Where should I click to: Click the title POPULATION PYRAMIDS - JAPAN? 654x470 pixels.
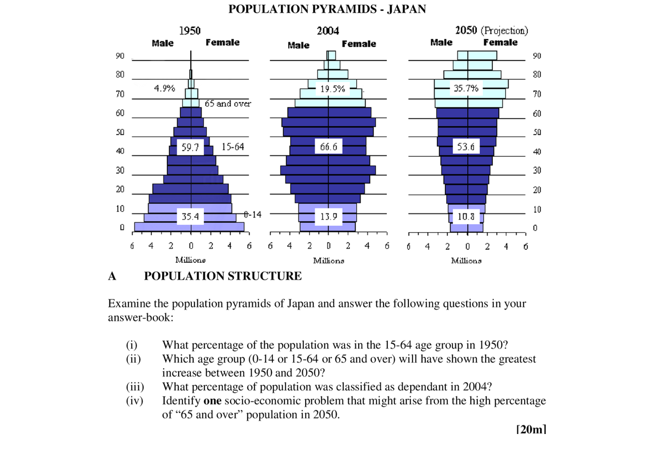click(327, 9)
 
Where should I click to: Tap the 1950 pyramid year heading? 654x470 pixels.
click(190, 31)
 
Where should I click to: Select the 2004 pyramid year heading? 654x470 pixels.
click(328, 31)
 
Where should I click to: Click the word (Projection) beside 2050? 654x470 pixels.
click(504, 31)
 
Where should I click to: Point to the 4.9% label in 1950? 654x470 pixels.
click(164, 88)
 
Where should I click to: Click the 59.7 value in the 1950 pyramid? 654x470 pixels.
click(190, 147)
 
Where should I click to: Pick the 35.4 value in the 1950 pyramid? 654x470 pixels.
click(190, 217)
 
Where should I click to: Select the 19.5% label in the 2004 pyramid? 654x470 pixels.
click(332, 89)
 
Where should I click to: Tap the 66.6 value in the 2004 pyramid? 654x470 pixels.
click(328, 147)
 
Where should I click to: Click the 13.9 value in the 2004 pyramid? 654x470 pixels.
click(328, 217)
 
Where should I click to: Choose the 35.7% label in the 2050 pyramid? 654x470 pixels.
click(466, 88)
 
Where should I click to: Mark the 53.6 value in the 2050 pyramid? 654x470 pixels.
click(466, 147)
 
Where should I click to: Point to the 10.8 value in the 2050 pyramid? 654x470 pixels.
click(466, 217)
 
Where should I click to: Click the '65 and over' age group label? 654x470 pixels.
click(228, 104)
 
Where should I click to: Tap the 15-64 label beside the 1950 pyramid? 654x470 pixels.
click(233, 147)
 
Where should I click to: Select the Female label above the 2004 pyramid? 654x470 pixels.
click(359, 44)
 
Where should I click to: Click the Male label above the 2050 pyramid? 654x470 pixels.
click(441, 42)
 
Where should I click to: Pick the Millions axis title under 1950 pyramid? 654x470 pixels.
click(190, 260)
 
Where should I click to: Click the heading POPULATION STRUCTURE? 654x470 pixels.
click(223, 276)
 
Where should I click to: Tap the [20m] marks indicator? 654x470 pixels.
click(531, 430)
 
